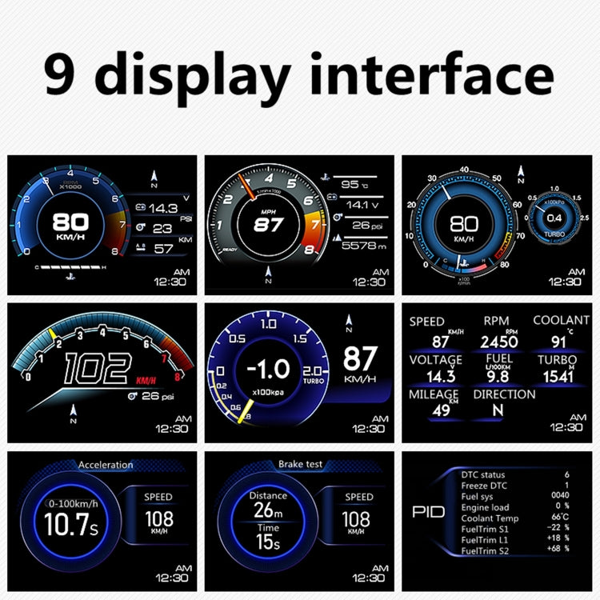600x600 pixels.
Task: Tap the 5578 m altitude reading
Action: tap(363, 246)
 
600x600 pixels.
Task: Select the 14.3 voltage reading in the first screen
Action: tap(162, 208)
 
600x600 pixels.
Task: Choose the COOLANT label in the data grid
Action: tap(561, 320)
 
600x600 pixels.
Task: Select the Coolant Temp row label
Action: tap(490, 518)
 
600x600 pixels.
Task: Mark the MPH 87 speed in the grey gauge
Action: tap(268, 224)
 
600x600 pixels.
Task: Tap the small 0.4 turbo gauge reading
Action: tap(554, 218)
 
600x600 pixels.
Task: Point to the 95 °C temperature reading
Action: tap(350, 184)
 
